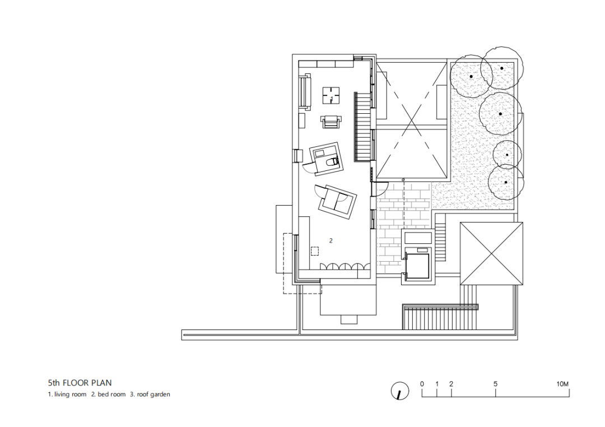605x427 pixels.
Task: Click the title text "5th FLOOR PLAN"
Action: click(x=80, y=383)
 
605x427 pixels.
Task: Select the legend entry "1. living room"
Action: click(x=67, y=394)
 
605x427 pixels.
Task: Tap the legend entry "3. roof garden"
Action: click(x=150, y=394)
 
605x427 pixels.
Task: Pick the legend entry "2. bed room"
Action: click(x=109, y=394)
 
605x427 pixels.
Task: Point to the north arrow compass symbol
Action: click(x=400, y=391)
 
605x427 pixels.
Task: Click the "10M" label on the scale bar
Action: click(x=562, y=384)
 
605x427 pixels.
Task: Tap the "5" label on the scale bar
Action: click(x=495, y=384)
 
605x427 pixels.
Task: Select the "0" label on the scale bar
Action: click(x=422, y=384)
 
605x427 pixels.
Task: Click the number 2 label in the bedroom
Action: click(x=331, y=240)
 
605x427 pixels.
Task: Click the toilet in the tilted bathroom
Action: click(x=332, y=163)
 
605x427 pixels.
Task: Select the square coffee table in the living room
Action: click(x=331, y=95)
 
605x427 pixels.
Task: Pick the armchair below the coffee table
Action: click(x=331, y=122)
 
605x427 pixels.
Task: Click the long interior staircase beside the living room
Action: click(x=362, y=127)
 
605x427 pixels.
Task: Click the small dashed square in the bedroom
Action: click(x=315, y=251)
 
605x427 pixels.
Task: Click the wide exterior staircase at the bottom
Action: click(x=440, y=317)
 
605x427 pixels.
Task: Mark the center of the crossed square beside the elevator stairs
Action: click(x=491, y=254)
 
